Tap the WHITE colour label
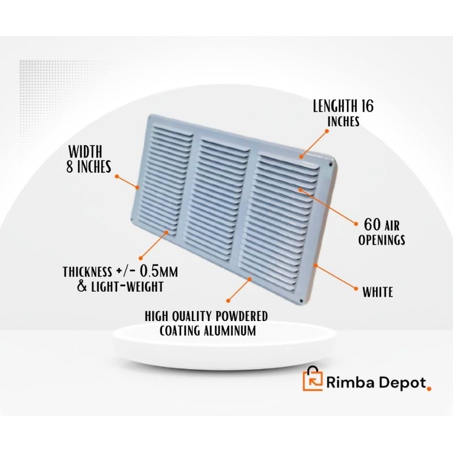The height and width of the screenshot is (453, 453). pos(378,292)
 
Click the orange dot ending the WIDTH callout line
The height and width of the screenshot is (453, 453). pos(116,177)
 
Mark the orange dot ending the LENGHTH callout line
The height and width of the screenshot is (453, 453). pos(327,131)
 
